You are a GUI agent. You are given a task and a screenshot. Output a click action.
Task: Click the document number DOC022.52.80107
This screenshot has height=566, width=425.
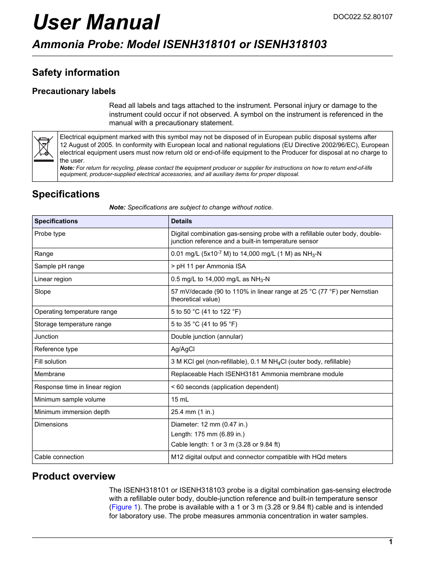click(363, 17)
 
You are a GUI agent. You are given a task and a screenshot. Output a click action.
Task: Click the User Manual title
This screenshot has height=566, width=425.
click(96, 22)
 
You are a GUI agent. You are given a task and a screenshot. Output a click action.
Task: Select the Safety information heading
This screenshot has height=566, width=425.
click(76, 73)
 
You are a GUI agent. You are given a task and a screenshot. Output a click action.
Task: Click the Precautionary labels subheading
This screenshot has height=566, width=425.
click(74, 91)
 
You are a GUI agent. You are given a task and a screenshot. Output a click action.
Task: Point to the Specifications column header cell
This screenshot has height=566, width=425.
click(56, 221)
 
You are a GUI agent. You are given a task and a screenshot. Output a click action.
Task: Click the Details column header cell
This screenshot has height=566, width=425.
click(181, 221)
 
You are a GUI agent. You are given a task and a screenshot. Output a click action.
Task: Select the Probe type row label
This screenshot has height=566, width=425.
click(50, 234)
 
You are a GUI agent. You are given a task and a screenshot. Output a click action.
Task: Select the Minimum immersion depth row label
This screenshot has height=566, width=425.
click(72, 412)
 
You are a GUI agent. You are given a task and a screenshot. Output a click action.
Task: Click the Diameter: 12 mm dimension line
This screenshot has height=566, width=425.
click(209, 425)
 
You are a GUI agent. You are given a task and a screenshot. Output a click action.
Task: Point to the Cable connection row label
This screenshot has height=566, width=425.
click(59, 457)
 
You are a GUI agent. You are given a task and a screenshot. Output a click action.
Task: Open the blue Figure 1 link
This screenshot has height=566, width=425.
click(124, 507)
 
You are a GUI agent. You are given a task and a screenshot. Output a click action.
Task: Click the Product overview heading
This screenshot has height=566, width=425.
click(74, 476)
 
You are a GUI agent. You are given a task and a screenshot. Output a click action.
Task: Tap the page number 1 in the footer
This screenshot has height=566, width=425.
click(390, 542)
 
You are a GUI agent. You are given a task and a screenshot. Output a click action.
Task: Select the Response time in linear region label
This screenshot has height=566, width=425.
click(78, 387)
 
